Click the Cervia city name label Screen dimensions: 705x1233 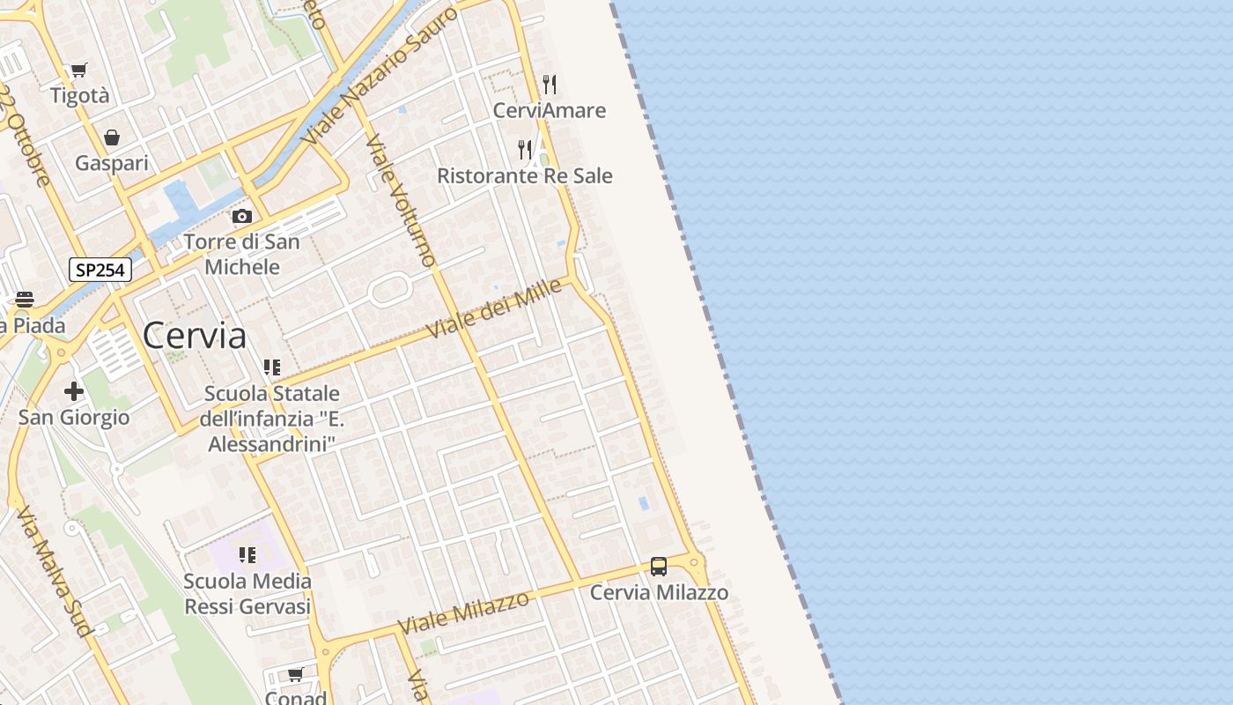click(x=195, y=336)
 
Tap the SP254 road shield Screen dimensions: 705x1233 click(x=100, y=270)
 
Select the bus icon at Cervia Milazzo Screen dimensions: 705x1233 click(x=658, y=567)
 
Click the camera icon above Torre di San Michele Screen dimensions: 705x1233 click(x=241, y=216)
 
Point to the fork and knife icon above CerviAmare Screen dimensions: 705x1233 click(x=550, y=84)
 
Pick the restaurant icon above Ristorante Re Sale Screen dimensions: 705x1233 click(x=525, y=149)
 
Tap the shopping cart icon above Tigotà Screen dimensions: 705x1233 click(x=79, y=70)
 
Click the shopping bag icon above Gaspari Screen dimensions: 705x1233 click(x=112, y=137)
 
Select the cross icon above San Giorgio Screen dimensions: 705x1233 click(x=74, y=390)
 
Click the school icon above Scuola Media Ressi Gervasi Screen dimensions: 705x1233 click(x=247, y=555)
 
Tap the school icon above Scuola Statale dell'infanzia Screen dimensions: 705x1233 click(x=271, y=367)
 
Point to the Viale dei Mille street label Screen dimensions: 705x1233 click(x=494, y=308)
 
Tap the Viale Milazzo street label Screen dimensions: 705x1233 click(x=463, y=612)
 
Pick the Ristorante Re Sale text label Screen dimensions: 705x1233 click(x=525, y=175)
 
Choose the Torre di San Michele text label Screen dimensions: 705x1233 click(x=242, y=254)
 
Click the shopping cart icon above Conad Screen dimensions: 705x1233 click(x=296, y=674)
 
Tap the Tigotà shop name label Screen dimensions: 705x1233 click(x=80, y=95)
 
